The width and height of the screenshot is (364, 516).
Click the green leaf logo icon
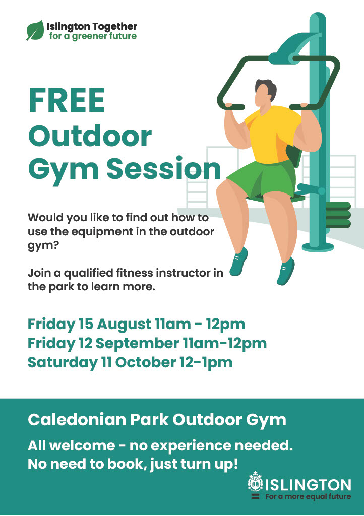(x=35, y=30)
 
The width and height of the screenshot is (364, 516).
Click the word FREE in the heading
(x=67, y=100)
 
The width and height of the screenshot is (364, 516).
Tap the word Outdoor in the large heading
(x=90, y=136)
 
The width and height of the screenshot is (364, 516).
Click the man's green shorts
(x=262, y=179)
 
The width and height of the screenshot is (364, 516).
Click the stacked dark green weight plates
(x=338, y=215)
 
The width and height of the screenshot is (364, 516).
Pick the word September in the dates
(x=137, y=343)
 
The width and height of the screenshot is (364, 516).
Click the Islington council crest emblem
(x=255, y=481)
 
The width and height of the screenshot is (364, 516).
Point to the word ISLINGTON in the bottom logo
(x=308, y=485)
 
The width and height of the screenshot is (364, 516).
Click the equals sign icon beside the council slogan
(x=255, y=496)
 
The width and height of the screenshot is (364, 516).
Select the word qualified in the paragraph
(x=89, y=273)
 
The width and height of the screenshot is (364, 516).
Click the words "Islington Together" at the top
(x=92, y=26)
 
